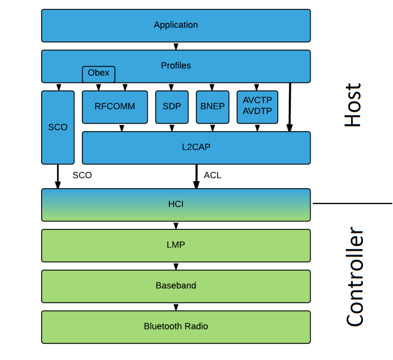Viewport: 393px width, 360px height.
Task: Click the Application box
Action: tap(176, 25)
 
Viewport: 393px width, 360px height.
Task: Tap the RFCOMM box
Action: tap(115, 107)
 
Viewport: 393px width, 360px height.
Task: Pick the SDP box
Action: tap(172, 107)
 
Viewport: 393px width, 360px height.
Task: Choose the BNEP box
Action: tap(212, 107)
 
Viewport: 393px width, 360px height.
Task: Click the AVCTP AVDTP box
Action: tap(257, 107)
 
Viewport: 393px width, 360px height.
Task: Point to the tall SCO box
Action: tap(58, 127)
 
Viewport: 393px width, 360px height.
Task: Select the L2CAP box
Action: tap(196, 148)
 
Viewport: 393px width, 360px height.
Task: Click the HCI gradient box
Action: tap(176, 204)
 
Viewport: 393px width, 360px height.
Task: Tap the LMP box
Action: tap(176, 245)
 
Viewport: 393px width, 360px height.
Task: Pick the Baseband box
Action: tap(176, 286)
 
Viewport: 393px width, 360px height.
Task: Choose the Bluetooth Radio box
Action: tap(176, 327)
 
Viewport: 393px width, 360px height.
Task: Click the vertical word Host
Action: tap(353, 106)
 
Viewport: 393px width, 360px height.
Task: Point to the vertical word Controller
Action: tap(355, 277)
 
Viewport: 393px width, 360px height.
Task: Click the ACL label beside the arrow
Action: tap(212, 176)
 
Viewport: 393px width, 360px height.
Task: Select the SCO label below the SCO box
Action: tap(82, 176)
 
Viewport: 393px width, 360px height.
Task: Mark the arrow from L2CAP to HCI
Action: tap(196, 177)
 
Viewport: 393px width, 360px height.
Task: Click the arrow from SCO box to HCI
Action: tap(58, 177)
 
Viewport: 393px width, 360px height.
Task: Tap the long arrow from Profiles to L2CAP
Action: tap(290, 107)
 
